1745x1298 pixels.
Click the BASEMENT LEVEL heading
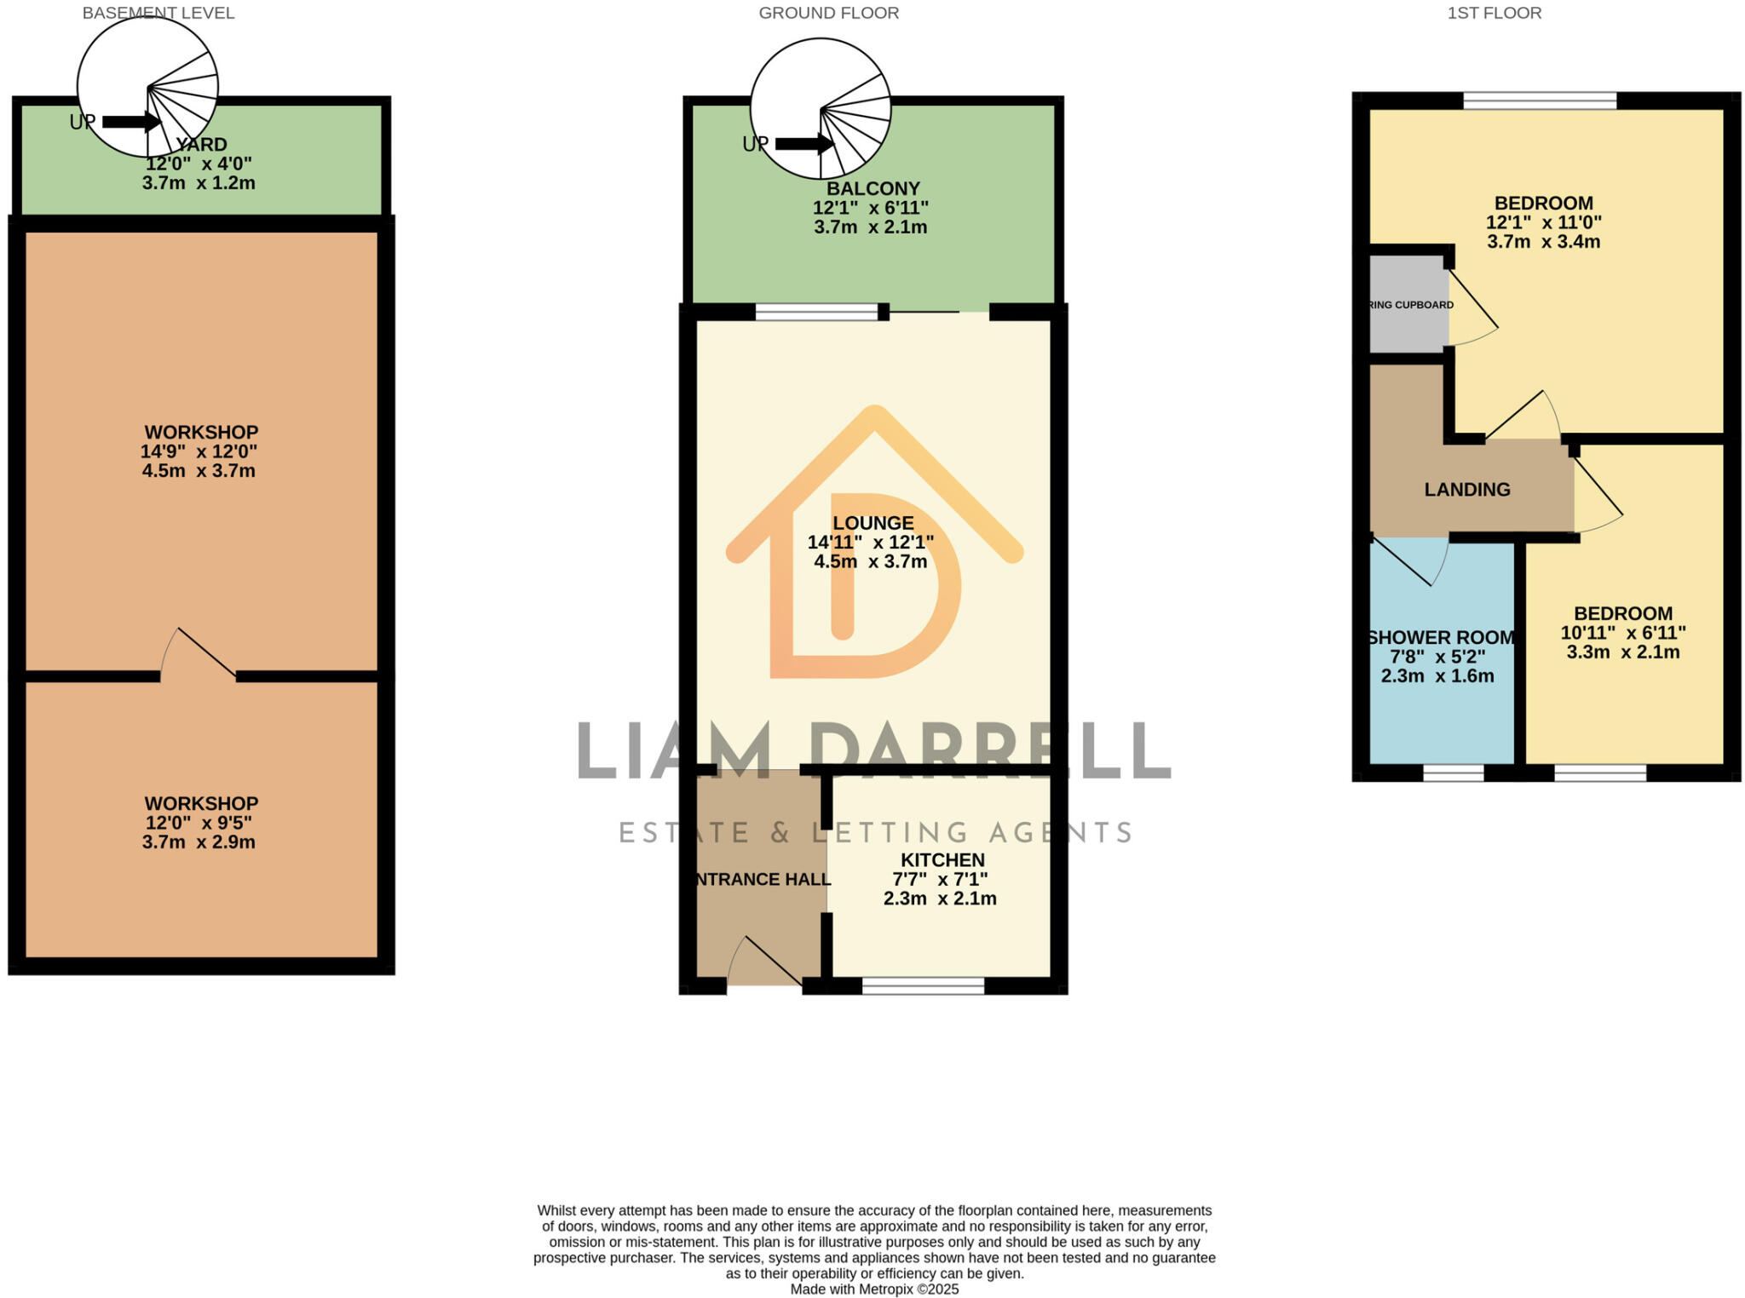[158, 13]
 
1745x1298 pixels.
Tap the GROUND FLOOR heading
[828, 13]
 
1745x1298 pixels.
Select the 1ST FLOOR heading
[1494, 13]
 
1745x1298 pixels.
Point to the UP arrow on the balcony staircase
[803, 144]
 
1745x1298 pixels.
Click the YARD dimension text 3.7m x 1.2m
[199, 183]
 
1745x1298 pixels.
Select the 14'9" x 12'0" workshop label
[199, 451]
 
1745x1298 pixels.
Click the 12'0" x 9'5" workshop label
[199, 823]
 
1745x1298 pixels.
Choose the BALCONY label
[872, 188]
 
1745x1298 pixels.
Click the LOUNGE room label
[872, 523]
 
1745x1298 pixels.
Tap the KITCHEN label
[942, 860]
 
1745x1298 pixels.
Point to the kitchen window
[923, 986]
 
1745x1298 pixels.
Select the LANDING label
[1466, 490]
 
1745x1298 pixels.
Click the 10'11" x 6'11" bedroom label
[1622, 633]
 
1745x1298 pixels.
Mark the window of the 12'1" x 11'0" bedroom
[1540, 101]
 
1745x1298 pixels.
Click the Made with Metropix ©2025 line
[874, 1289]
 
